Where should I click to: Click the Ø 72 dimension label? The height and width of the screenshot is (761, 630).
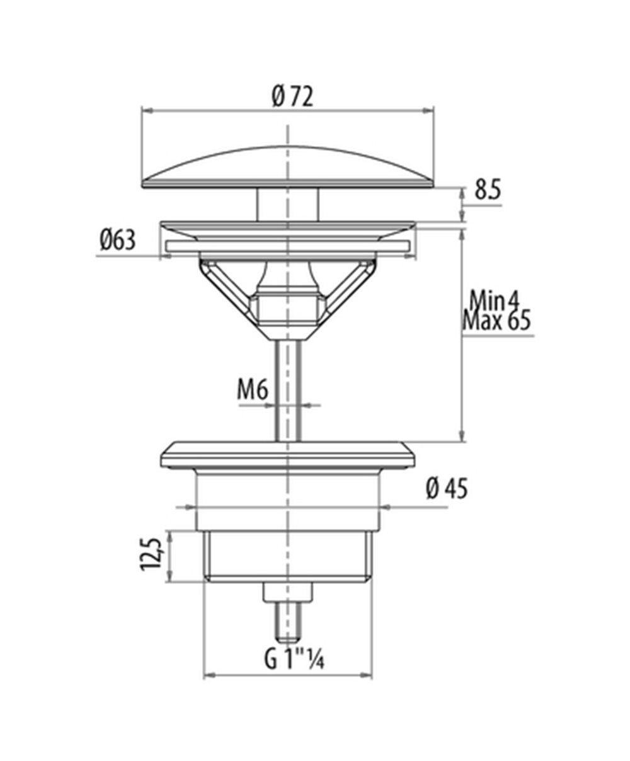point(292,97)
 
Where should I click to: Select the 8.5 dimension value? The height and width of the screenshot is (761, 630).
point(488,190)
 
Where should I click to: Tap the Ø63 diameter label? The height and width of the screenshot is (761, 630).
point(117,240)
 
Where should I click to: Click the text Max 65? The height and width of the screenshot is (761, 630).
point(496,321)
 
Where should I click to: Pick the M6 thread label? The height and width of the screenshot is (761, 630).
point(253,389)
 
